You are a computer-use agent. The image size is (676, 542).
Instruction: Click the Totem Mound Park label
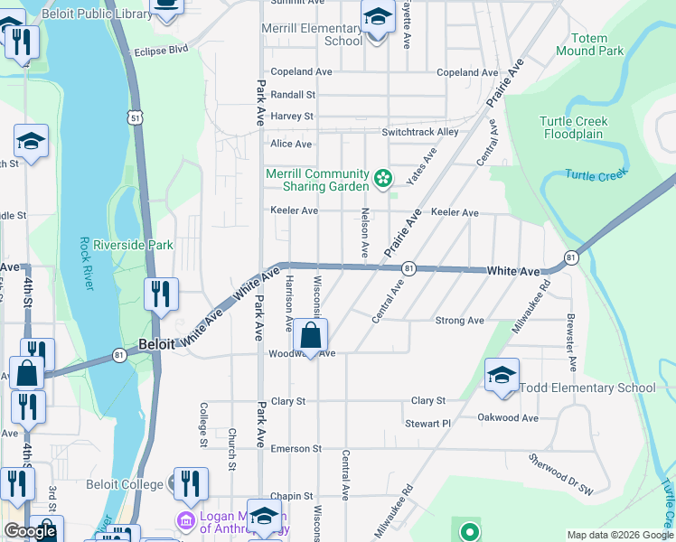[x=598, y=45]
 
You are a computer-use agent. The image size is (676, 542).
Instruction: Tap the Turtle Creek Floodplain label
[x=574, y=127]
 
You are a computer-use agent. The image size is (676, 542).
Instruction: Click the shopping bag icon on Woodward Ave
[x=310, y=336]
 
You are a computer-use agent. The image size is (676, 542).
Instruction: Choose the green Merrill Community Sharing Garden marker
[x=383, y=179]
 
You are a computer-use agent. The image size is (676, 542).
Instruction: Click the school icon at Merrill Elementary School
[x=378, y=18]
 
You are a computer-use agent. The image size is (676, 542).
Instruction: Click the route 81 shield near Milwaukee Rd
[x=571, y=257]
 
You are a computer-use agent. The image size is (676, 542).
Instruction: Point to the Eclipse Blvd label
[x=161, y=50]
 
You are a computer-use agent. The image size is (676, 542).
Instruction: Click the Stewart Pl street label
[x=427, y=423]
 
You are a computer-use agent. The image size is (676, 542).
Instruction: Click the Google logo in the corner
[x=31, y=532]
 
